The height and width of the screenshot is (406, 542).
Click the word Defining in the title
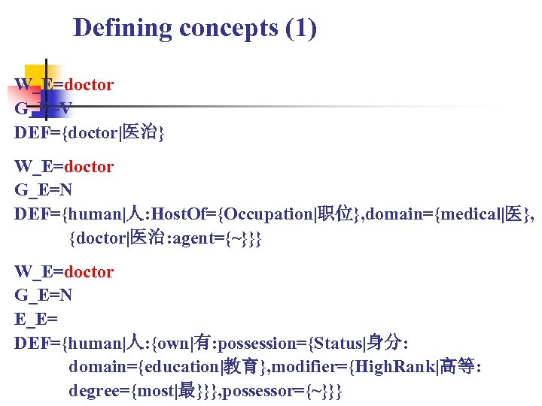pyautogui.click(x=123, y=29)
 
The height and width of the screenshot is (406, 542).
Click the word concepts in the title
pyautogui.click(x=228, y=29)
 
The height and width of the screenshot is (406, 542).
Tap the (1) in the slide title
pyautogui.click(x=301, y=29)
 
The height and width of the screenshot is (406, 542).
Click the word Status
pyautogui.click(x=340, y=344)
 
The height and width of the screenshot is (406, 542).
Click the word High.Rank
pyautogui.click(x=394, y=367)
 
